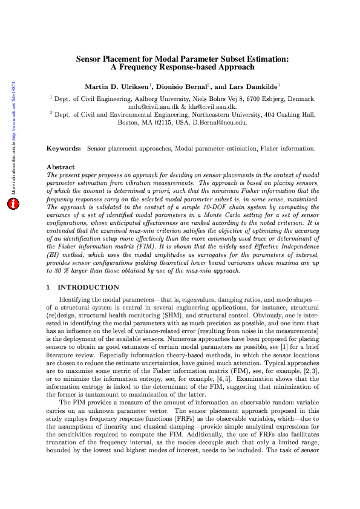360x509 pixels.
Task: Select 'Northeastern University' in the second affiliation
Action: pos(217,114)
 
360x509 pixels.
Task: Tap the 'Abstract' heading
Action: pos(61,167)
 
